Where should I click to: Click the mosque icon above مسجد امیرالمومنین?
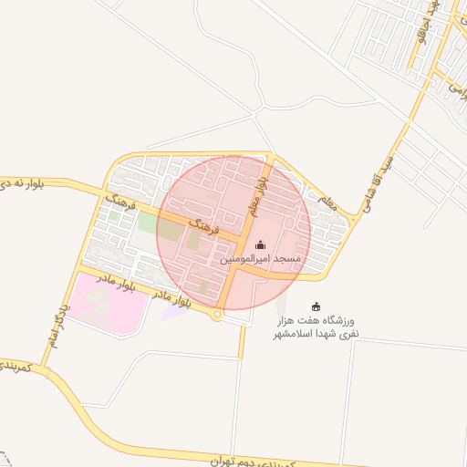[261, 244]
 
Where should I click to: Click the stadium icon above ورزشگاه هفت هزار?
[317, 306]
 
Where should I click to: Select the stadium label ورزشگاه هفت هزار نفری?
[316, 328]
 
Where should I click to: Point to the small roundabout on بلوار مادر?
[217, 316]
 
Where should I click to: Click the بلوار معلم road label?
[259, 197]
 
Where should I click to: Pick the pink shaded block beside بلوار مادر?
[108, 302]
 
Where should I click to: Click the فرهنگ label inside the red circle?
[200, 223]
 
